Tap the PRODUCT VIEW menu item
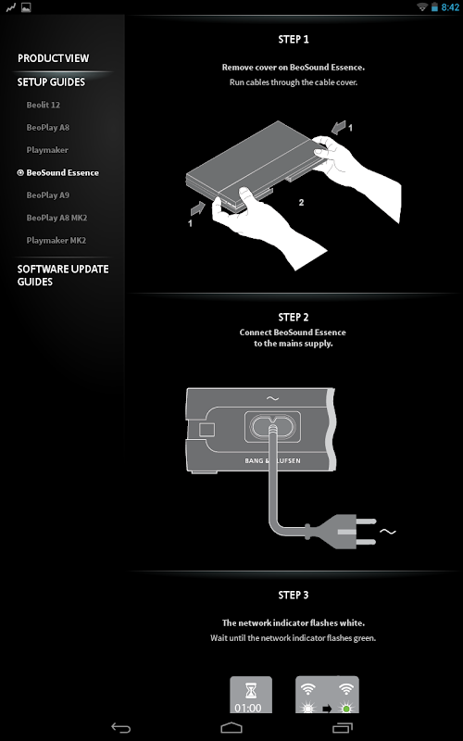tap(53, 58)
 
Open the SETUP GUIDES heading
tap(51, 82)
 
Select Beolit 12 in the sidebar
tap(43, 105)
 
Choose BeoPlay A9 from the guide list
tap(48, 195)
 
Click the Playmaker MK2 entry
tap(56, 241)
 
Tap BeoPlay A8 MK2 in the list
tap(56, 218)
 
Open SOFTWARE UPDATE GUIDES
tap(63, 275)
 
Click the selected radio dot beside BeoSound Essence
tap(20, 173)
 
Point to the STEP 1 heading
tap(294, 40)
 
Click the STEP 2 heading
tap(294, 317)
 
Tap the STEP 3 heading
tap(294, 595)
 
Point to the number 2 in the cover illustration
tap(302, 203)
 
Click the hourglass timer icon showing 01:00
tap(251, 695)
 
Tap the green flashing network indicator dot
tap(346, 709)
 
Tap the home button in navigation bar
tap(231, 728)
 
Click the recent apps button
tap(342, 728)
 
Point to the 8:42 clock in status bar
tap(450, 7)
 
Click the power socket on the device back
tap(272, 427)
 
